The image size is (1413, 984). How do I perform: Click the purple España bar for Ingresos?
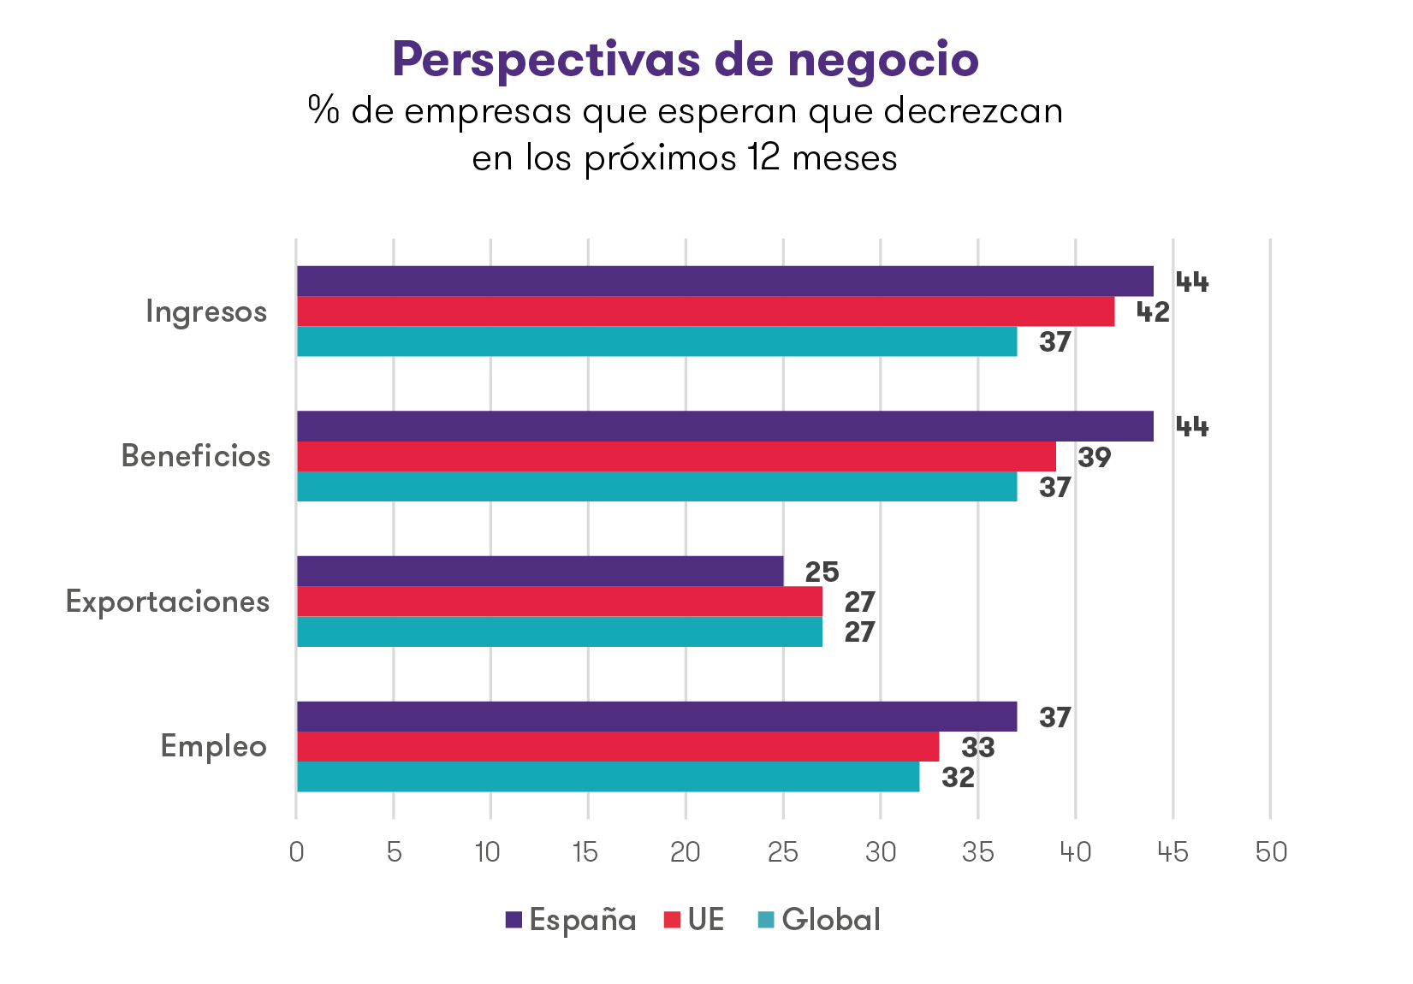pyautogui.click(x=724, y=281)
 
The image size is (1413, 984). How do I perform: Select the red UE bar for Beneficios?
pyautogui.click(x=676, y=457)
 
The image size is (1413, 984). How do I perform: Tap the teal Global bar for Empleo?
pyautogui.click(x=608, y=777)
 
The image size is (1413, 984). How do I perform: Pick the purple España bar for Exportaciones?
pyautogui.click(x=539, y=571)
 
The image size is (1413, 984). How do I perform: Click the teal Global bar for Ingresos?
pyautogui.click(x=656, y=341)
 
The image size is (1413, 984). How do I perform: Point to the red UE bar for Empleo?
pyautogui.click(x=618, y=747)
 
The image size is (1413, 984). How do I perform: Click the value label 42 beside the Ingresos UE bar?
pyautogui.click(x=1152, y=312)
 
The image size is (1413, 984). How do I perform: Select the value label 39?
pyautogui.click(x=1094, y=458)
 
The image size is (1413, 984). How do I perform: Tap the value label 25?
pyautogui.click(x=822, y=572)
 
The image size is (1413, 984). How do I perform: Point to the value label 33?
pyautogui.click(x=977, y=748)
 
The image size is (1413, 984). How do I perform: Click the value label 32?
pyautogui.click(x=958, y=778)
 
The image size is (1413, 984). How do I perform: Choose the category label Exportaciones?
pyautogui.click(x=168, y=602)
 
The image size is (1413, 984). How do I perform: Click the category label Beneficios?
pyautogui.click(x=195, y=456)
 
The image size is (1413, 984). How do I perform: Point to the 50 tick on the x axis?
pyautogui.click(x=1270, y=852)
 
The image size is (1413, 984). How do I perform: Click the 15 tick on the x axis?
pyautogui.click(x=586, y=852)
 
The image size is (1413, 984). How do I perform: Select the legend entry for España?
pyautogui.click(x=571, y=920)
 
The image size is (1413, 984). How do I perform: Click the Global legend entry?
pyautogui.click(x=819, y=920)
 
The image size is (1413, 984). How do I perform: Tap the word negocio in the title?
pyautogui.click(x=883, y=60)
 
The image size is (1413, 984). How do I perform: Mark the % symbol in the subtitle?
pyautogui.click(x=324, y=110)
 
